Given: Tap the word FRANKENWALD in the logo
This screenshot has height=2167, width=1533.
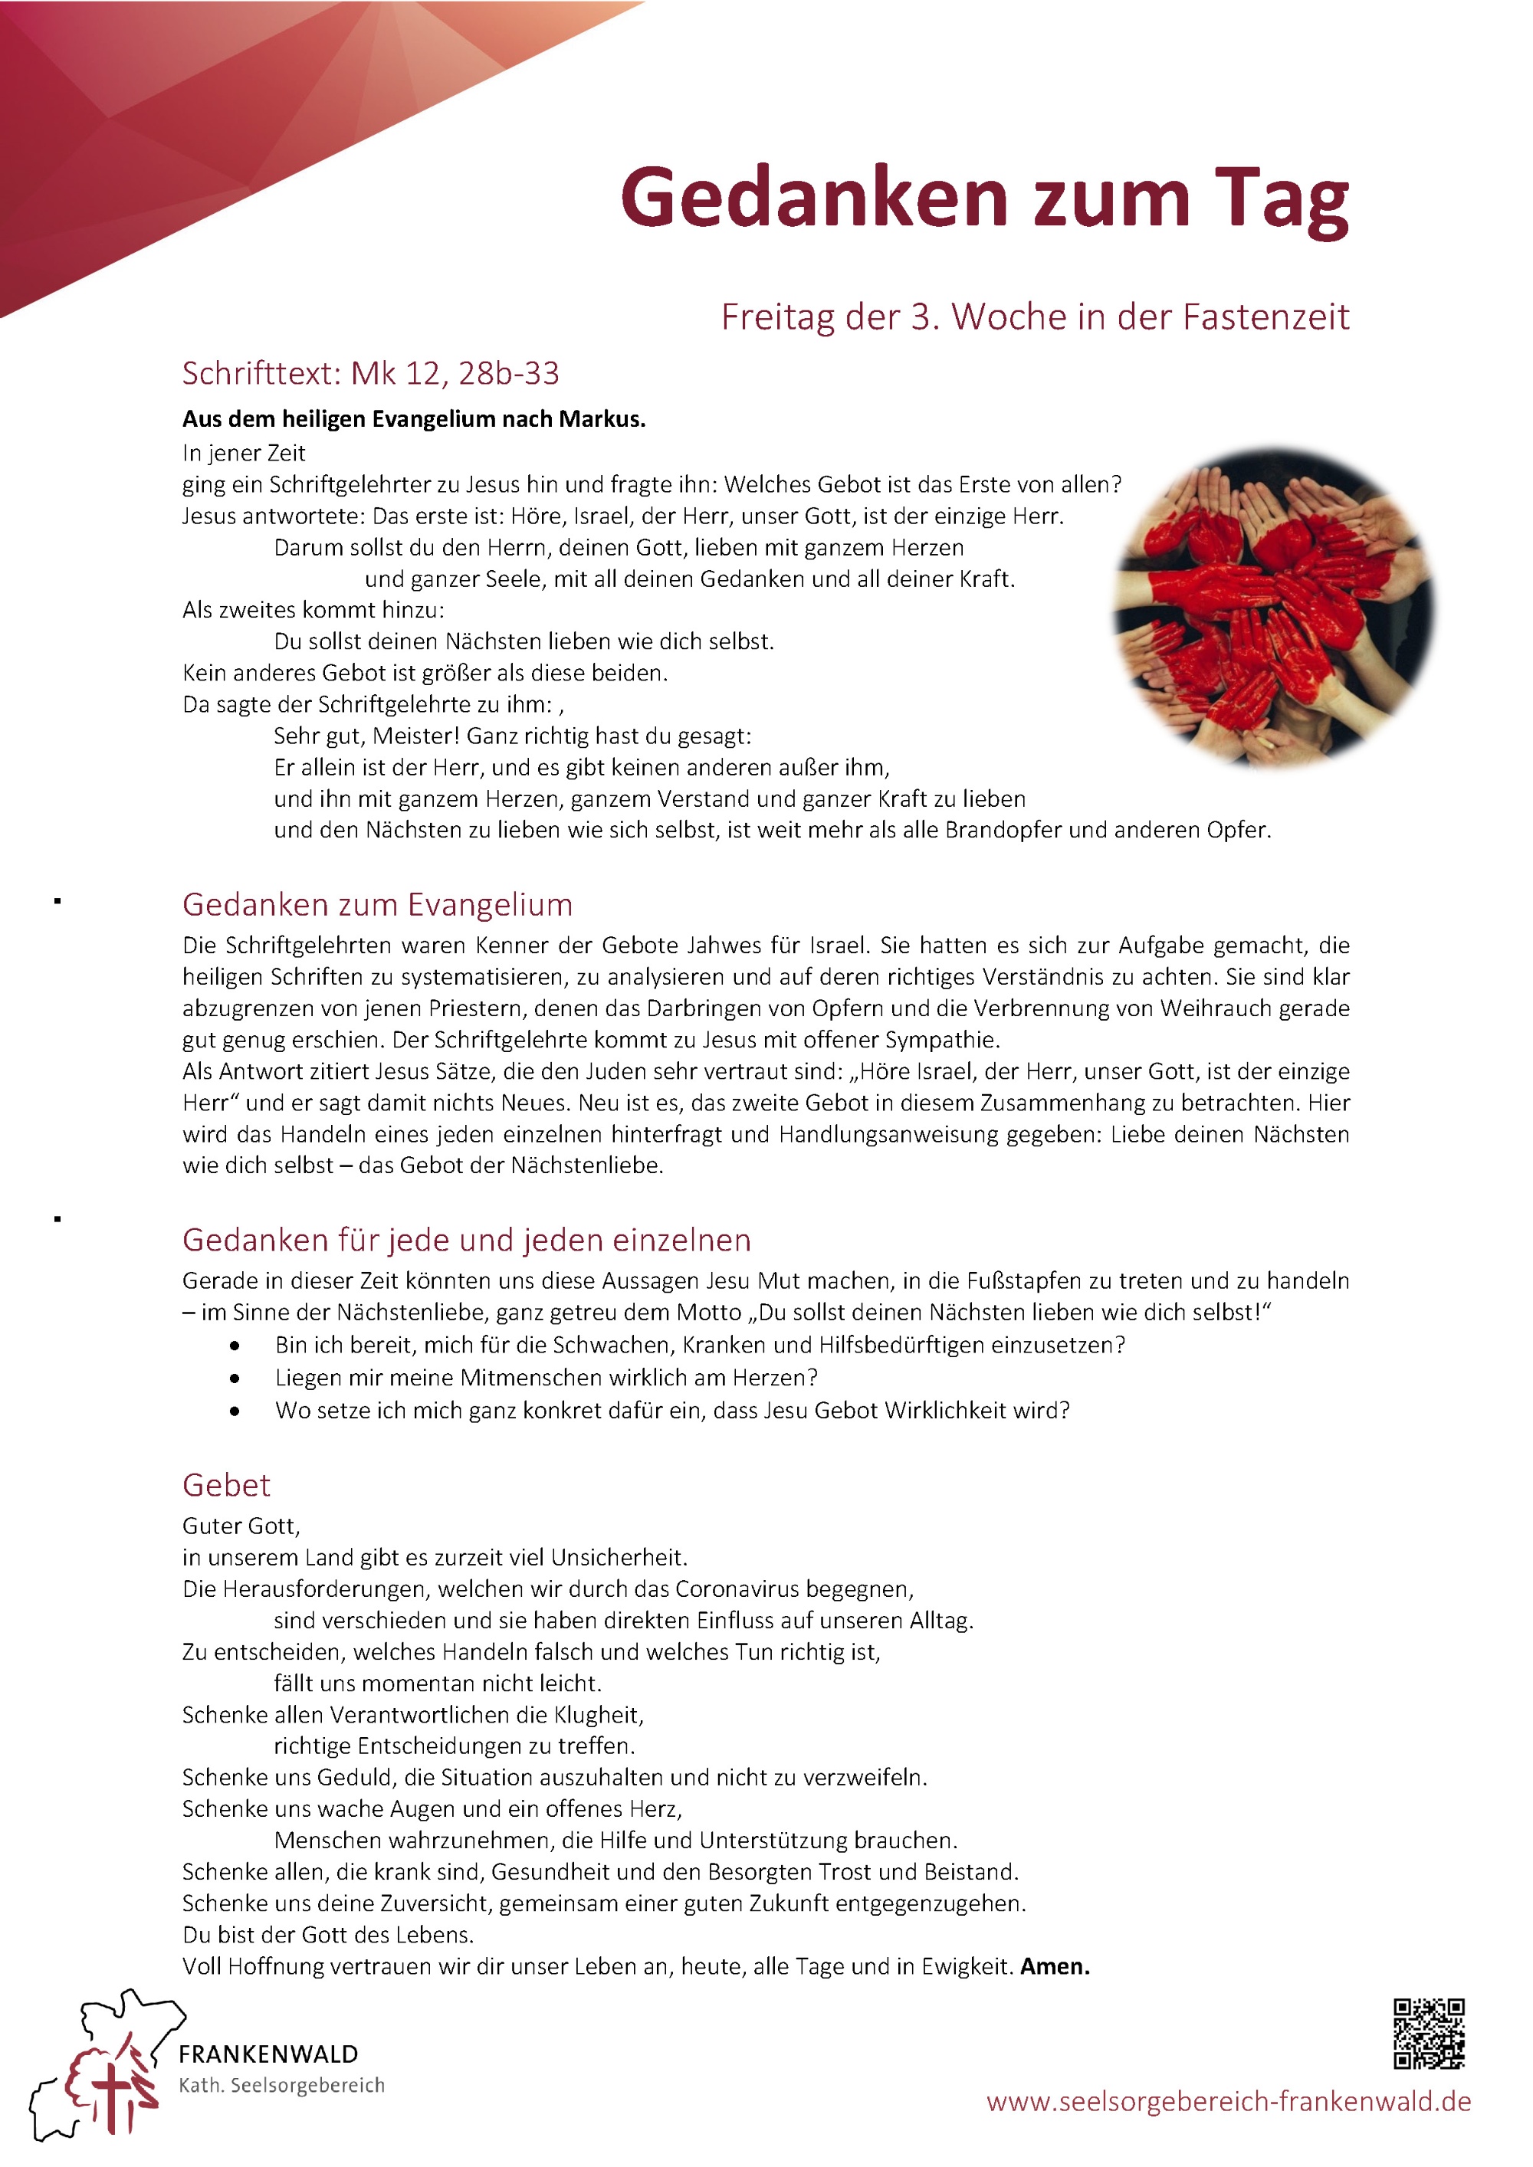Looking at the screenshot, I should (x=268, y=2054).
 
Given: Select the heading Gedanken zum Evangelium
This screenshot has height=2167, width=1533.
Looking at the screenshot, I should (x=378, y=904).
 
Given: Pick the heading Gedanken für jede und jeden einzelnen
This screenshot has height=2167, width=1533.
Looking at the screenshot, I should (x=466, y=1239).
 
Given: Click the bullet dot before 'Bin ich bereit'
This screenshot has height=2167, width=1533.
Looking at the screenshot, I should (x=234, y=1346).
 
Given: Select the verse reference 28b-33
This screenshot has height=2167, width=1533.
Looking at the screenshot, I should (x=509, y=374).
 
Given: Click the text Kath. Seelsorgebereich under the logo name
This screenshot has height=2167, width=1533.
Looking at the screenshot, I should (x=281, y=2085).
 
